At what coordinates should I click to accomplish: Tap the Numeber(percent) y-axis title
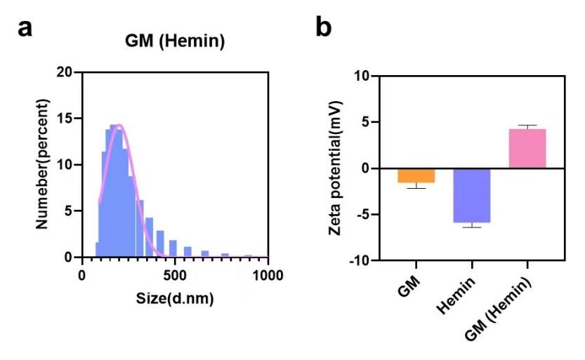pos(43,164)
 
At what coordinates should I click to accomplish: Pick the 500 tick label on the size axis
pos(176,274)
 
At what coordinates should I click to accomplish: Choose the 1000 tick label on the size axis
pos(268,274)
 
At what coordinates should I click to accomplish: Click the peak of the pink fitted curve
pos(119,125)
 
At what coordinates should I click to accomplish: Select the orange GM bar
pos(416,175)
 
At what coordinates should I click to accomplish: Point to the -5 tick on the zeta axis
pos(367,215)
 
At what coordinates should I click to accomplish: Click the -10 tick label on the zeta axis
pos(364,261)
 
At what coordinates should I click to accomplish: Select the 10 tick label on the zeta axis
pos(367,76)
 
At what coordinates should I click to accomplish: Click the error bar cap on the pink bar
pos(527,126)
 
